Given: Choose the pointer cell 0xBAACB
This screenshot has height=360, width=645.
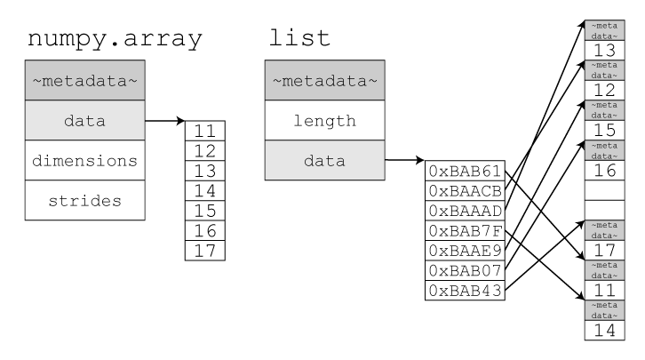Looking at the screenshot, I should [x=465, y=190].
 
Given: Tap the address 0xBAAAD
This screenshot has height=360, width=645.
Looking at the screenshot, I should [x=465, y=211].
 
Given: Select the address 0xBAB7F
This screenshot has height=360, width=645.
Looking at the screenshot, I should [x=465, y=230].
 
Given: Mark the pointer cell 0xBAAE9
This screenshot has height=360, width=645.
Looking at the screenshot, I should [x=465, y=251].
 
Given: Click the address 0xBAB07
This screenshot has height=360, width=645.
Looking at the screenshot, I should [x=465, y=270].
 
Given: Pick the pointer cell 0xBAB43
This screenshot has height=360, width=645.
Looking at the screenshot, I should [x=465, y=291].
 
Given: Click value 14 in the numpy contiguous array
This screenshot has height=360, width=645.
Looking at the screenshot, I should [x=205, y=190].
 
